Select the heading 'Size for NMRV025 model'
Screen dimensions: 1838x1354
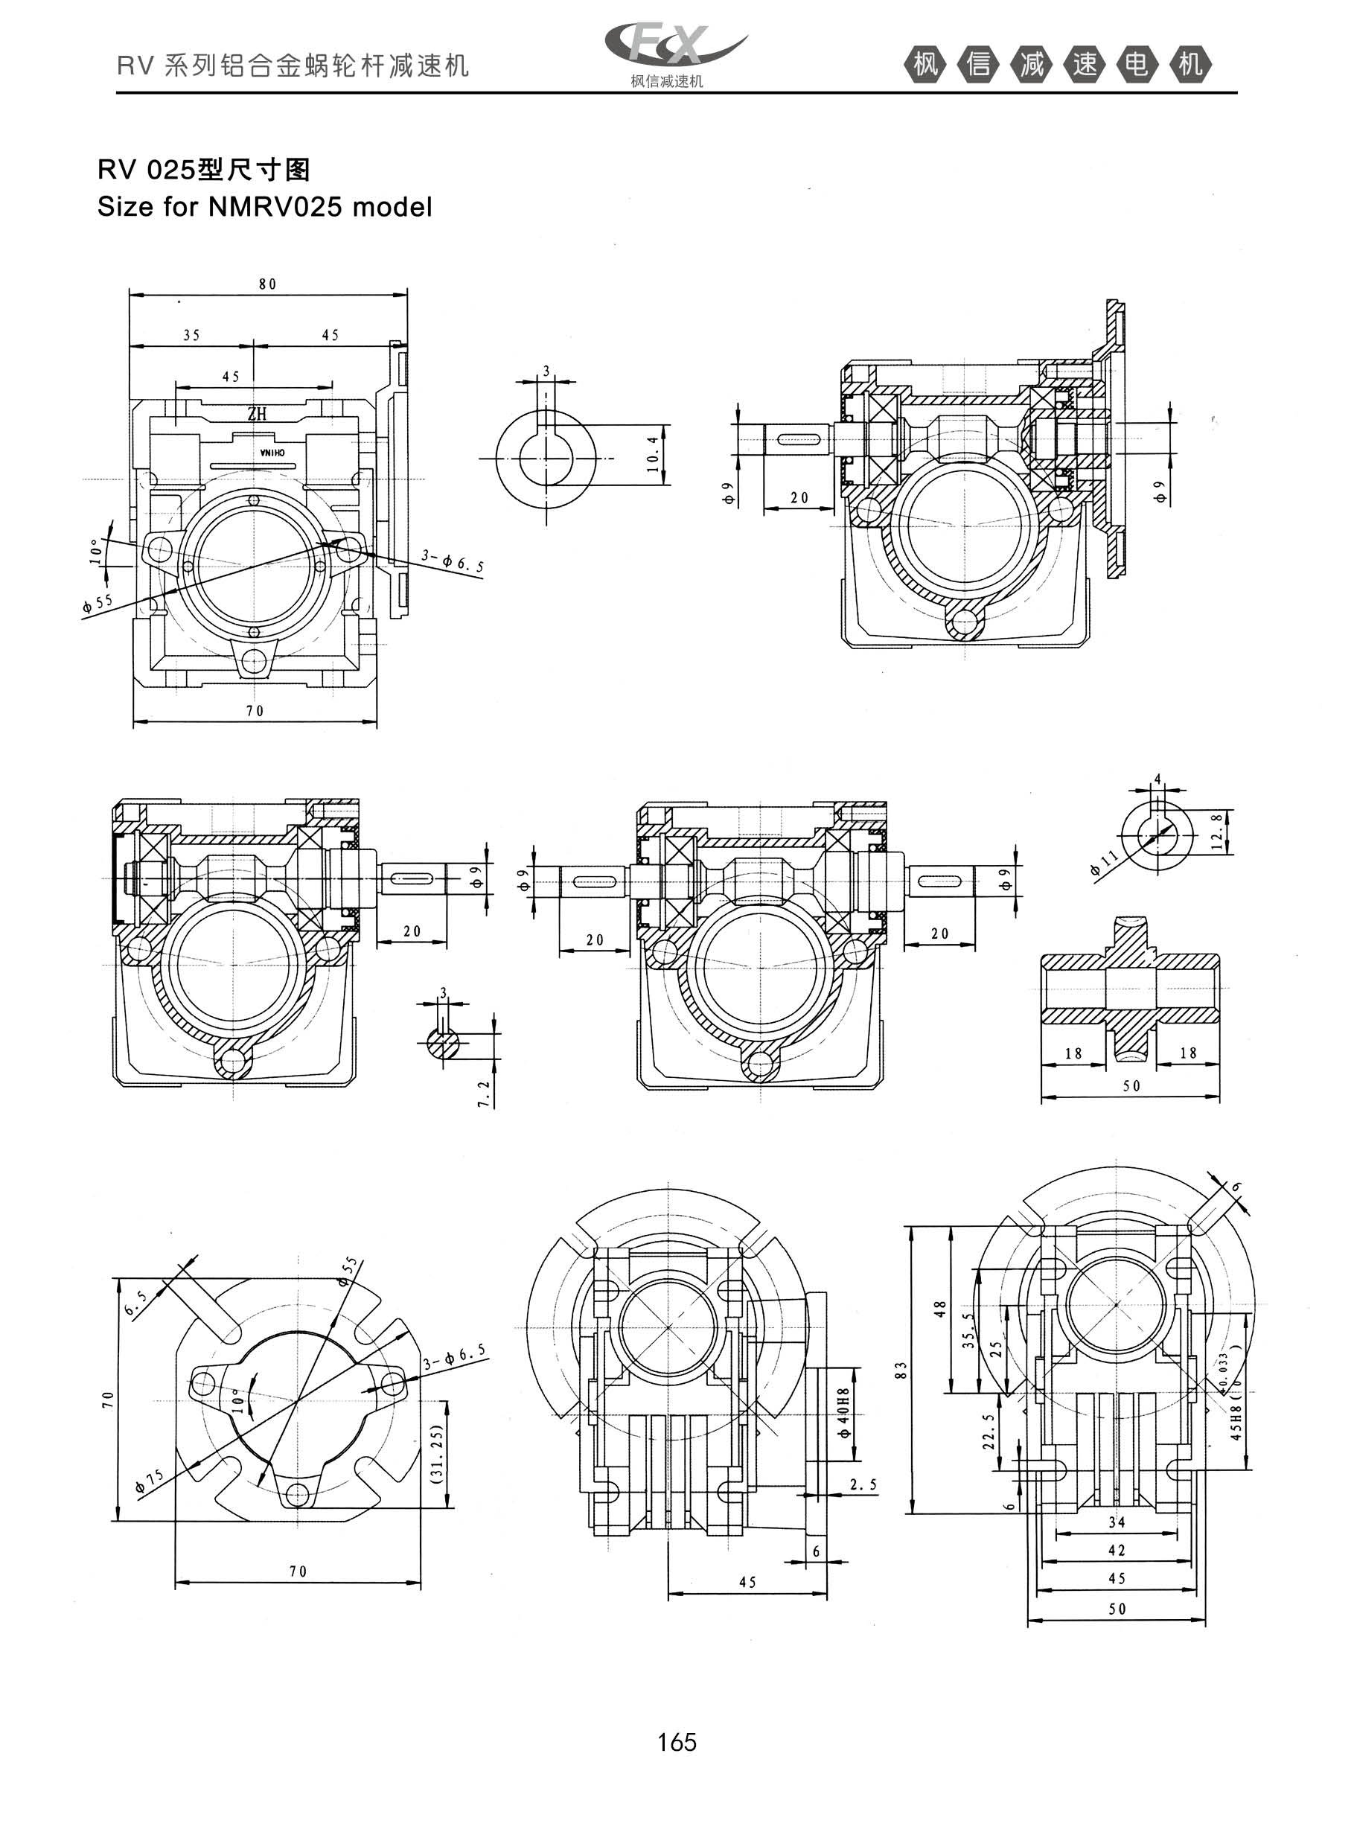[264, 206]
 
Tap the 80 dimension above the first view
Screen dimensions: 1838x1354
[268, 284]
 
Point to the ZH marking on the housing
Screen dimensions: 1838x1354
[257, 415]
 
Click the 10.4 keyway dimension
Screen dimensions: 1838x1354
[652, 453]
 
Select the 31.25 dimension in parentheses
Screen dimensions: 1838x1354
[436, 1455]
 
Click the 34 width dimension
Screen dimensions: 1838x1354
[1117, 1522]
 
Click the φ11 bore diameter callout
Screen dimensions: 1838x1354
[1105, 863]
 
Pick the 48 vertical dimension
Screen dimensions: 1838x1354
[941, 1309]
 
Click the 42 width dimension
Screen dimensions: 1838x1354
[1117, 1550]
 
